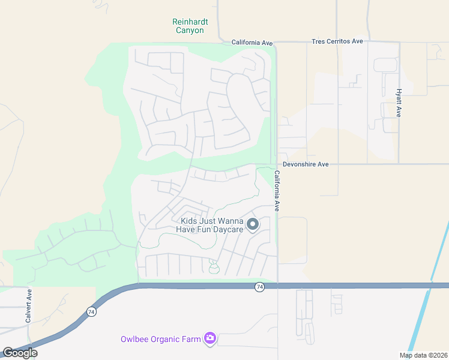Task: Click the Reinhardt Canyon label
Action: [x=190, y=26]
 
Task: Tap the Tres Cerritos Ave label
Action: [x=337, y=41]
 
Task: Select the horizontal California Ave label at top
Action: [x=253, y=43]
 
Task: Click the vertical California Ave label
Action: [x=277, y=191]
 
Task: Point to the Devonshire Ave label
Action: [x=306, y=164]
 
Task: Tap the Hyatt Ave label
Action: [x=399, y=103]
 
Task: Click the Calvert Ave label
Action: [x=28, y=306]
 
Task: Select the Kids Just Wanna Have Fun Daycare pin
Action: [x=253, y=224]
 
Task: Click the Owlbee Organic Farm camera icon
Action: [x=209, y=339]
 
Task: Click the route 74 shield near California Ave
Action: [x=259, y=287]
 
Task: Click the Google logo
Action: [x=20, y=353]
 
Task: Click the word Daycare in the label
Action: [x=227, y=229]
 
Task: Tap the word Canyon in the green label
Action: [x=190, y=30]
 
